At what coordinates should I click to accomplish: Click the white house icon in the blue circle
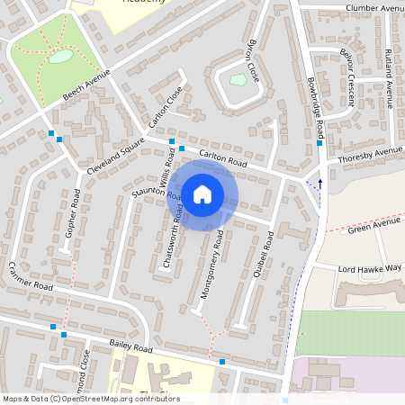[202, 193]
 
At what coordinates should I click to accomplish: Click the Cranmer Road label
[31, 280]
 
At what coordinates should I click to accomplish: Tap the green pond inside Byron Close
[238, 80]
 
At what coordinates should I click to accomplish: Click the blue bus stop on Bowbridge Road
[319, 143]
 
